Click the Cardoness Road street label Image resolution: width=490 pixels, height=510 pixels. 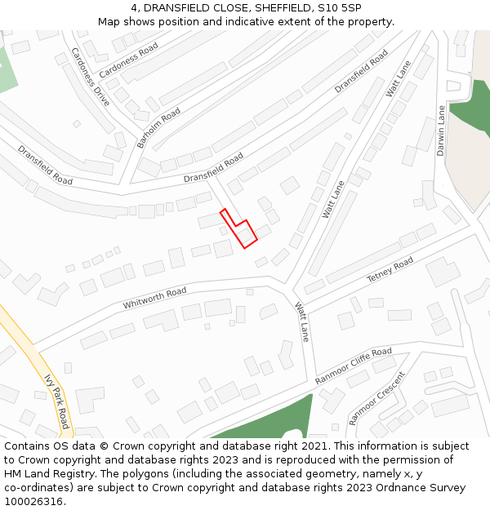pyautogui.click(x=128, y=60)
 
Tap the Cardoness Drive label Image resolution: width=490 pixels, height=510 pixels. pyautogui.click(x=90, y=77)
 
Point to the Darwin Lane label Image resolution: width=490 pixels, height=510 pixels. pyautogui.click(x=441, y=131)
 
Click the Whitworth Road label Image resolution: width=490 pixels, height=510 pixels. pyautogui.click(x=154, y=299)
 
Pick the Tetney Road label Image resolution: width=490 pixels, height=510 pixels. pyautogui.click(x=390, y=270)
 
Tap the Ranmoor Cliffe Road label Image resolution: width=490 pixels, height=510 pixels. pyautogui.click(x=354, y=366)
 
